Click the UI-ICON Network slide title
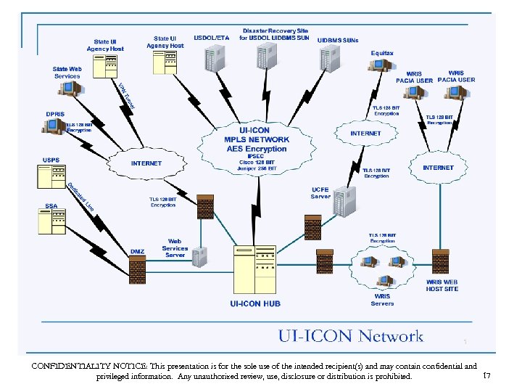tap(351, 336)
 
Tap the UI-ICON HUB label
tap(254, 303)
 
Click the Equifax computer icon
tap(378, 65)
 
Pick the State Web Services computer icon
tap(70, 89)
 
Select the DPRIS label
tap(56, 114)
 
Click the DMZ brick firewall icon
tap(138, 271)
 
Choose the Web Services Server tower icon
tap(198, 256)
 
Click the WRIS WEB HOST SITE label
tap(442, 285)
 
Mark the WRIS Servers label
tap(382, 300)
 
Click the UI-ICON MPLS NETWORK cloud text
tap(256, 139)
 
